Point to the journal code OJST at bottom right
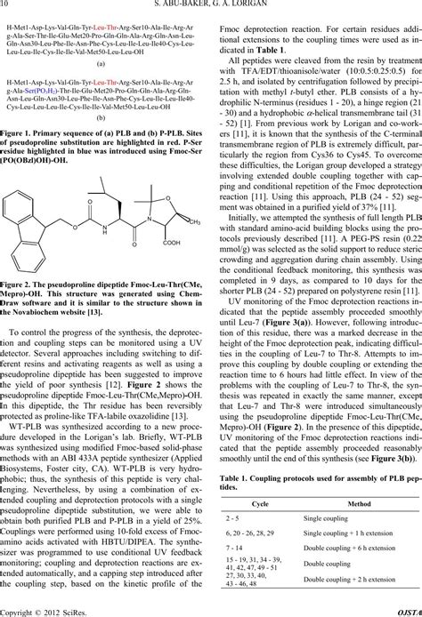[x=408, y=611]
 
